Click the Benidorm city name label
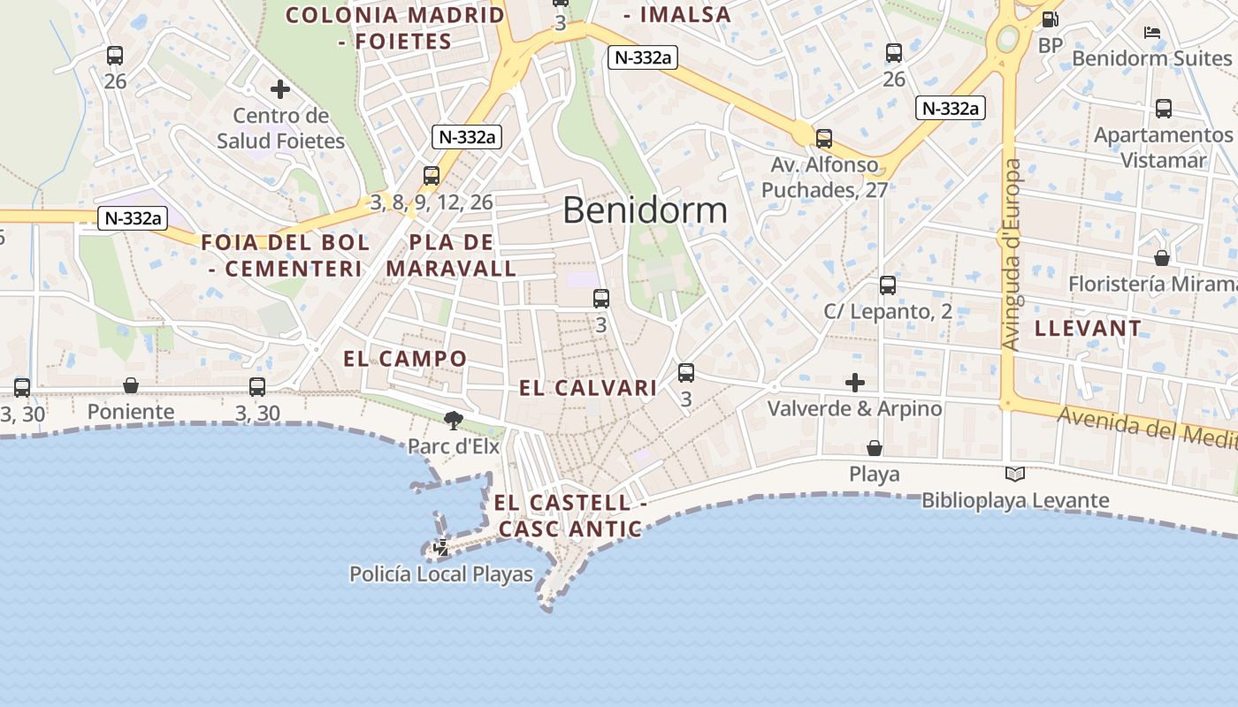[645, 210]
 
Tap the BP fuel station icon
[1050, 19]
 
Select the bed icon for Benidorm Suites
[1151, 33]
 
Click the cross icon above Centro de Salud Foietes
[280, 89]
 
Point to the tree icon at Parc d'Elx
[454, 420]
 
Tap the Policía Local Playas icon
[440, 549]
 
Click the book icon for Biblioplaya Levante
[1015, 475]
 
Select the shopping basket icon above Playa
[875, 448]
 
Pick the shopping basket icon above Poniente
[131, 385]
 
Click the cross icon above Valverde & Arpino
[855, 383]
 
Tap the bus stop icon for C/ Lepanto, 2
[888, 285]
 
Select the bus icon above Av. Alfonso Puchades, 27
[824, 139]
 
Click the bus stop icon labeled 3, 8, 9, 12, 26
[432, 176]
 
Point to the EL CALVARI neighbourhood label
[588, 388]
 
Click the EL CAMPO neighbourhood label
[405, 359]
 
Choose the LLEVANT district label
[1088, 329]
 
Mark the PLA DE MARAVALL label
[451, 255]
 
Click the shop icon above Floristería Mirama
[1162, 258]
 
